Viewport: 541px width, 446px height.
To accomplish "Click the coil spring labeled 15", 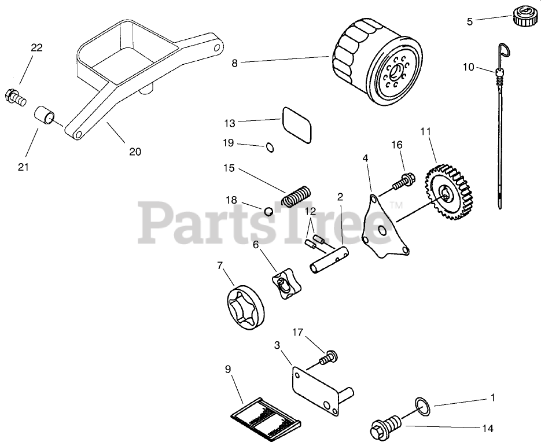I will coord(297,194).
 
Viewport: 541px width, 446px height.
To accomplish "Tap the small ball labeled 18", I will coord(268,211).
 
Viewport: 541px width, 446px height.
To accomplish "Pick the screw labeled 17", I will coord(327,359).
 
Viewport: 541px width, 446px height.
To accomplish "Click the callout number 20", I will coord(134,152).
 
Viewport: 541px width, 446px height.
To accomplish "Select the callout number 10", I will coord(469,67).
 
